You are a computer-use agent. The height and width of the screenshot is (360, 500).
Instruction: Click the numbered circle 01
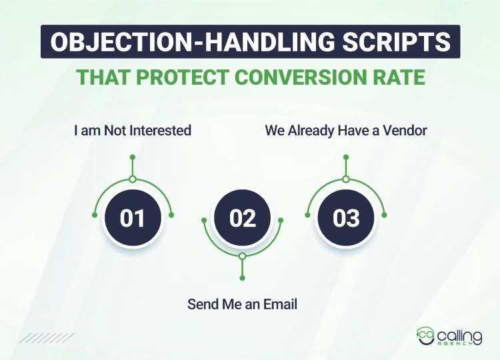pyautogui.click(x=132, y=219)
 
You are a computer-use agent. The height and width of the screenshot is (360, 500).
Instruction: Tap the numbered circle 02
pyautogui.click(x=243, y=219)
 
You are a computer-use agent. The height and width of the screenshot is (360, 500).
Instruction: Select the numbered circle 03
pyautogui.click(x=346, y=219)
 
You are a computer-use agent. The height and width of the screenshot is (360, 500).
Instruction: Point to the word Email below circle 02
pyautogui.click(x=281, y=305)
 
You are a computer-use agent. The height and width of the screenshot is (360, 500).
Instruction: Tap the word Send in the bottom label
pyautogui.click(x=201, y=305)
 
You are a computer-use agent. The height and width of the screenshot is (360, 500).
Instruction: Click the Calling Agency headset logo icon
pyautogui.click(x=425, y=334)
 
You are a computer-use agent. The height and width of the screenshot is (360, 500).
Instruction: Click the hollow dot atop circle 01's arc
pyautogui.click(x=133, y=179)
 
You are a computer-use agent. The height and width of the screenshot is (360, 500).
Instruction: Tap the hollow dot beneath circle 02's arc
pyautogui.click(x=242, y=256)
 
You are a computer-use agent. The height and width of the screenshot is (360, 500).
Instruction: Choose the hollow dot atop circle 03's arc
pyautogui.click(x=346, y=179)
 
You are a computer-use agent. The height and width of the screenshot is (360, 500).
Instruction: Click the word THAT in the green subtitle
pyautogui.click(x=99, y=77)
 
